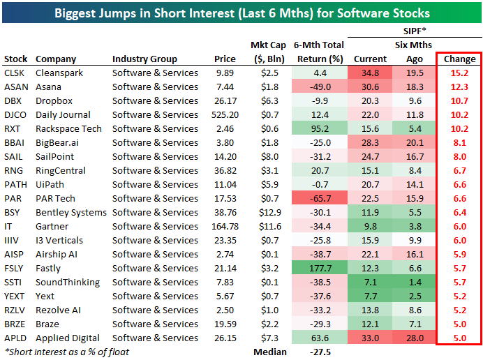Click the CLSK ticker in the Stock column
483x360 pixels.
pyautogui.click(x=13, y=73)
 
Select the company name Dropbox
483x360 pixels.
pyautogui.click(x=54, y=101)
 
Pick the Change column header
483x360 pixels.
pyautogui.click(x=459, y=59)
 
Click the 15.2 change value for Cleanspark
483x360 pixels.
pyautogui.click(x=460, y=73)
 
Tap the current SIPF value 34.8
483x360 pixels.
pyautogui.click(x=370, y=73)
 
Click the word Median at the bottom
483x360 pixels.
pyautogui.click(x=269, y=352)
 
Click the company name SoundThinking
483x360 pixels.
pyautogui.click(x=67, y=283)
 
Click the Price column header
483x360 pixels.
pyautogui.click(x=225, y=59)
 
